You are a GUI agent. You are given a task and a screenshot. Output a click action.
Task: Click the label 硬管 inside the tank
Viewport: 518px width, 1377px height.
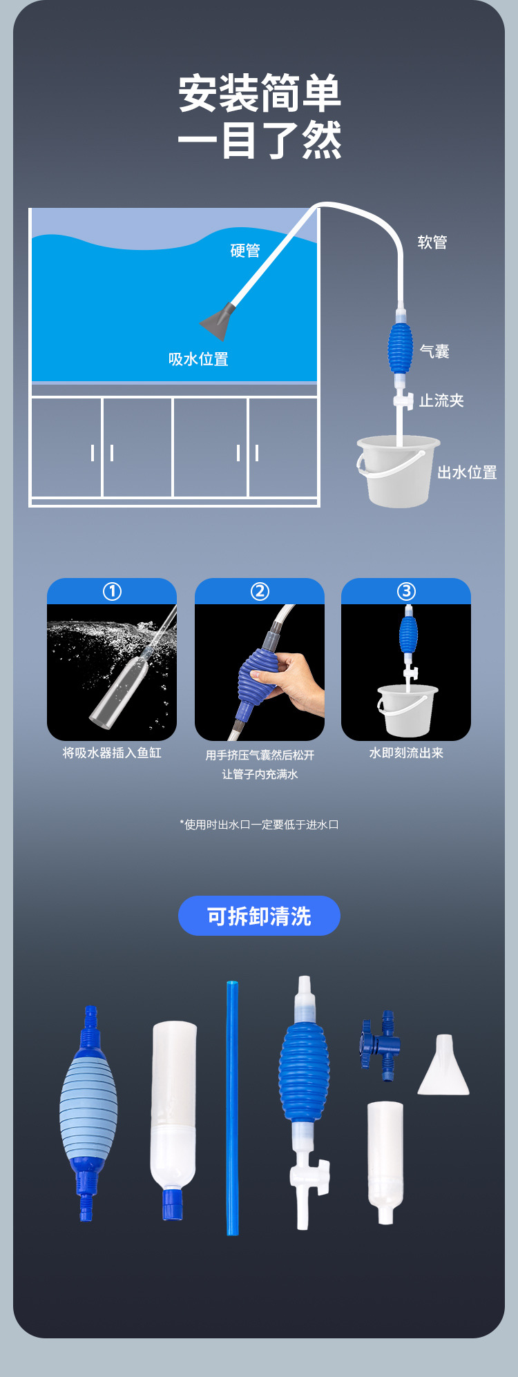(245, 251)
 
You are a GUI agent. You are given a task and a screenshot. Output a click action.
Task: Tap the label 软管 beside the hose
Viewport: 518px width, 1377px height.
(432, 242)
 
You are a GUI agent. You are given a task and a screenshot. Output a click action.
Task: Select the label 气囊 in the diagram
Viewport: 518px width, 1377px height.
(434, 352)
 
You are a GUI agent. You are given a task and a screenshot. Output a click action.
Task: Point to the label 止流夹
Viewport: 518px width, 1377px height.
(441, 401)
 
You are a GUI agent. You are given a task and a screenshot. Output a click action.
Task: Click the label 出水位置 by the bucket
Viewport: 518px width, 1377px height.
(467, 472)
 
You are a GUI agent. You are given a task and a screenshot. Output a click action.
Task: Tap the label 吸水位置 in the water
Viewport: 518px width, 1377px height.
(198, 359)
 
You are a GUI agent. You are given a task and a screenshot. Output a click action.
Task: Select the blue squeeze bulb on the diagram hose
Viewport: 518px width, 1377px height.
(400, 349)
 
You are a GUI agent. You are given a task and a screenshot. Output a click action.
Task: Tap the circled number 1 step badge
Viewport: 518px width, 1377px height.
(112, 592)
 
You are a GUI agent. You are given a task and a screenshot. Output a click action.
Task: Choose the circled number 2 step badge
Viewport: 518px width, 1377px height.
(260, 592)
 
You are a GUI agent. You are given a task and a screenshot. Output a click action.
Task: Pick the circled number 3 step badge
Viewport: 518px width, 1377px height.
(406, 592)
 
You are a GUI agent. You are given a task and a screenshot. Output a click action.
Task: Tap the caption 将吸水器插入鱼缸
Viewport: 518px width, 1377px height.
(112, 753)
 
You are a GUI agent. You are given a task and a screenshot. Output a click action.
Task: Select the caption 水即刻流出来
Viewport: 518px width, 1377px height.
(406, 753)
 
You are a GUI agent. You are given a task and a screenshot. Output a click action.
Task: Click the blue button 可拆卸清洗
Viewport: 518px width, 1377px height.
(259, 916)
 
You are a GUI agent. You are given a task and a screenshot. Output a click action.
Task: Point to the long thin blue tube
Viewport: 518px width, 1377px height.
(233, 1108)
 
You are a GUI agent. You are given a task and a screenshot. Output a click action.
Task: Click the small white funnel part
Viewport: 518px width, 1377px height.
(443, 1066)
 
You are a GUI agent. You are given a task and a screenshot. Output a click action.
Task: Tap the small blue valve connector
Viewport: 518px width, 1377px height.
(381, 1046)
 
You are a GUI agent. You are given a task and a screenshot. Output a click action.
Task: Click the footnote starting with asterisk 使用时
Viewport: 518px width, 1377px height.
(259, 825)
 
